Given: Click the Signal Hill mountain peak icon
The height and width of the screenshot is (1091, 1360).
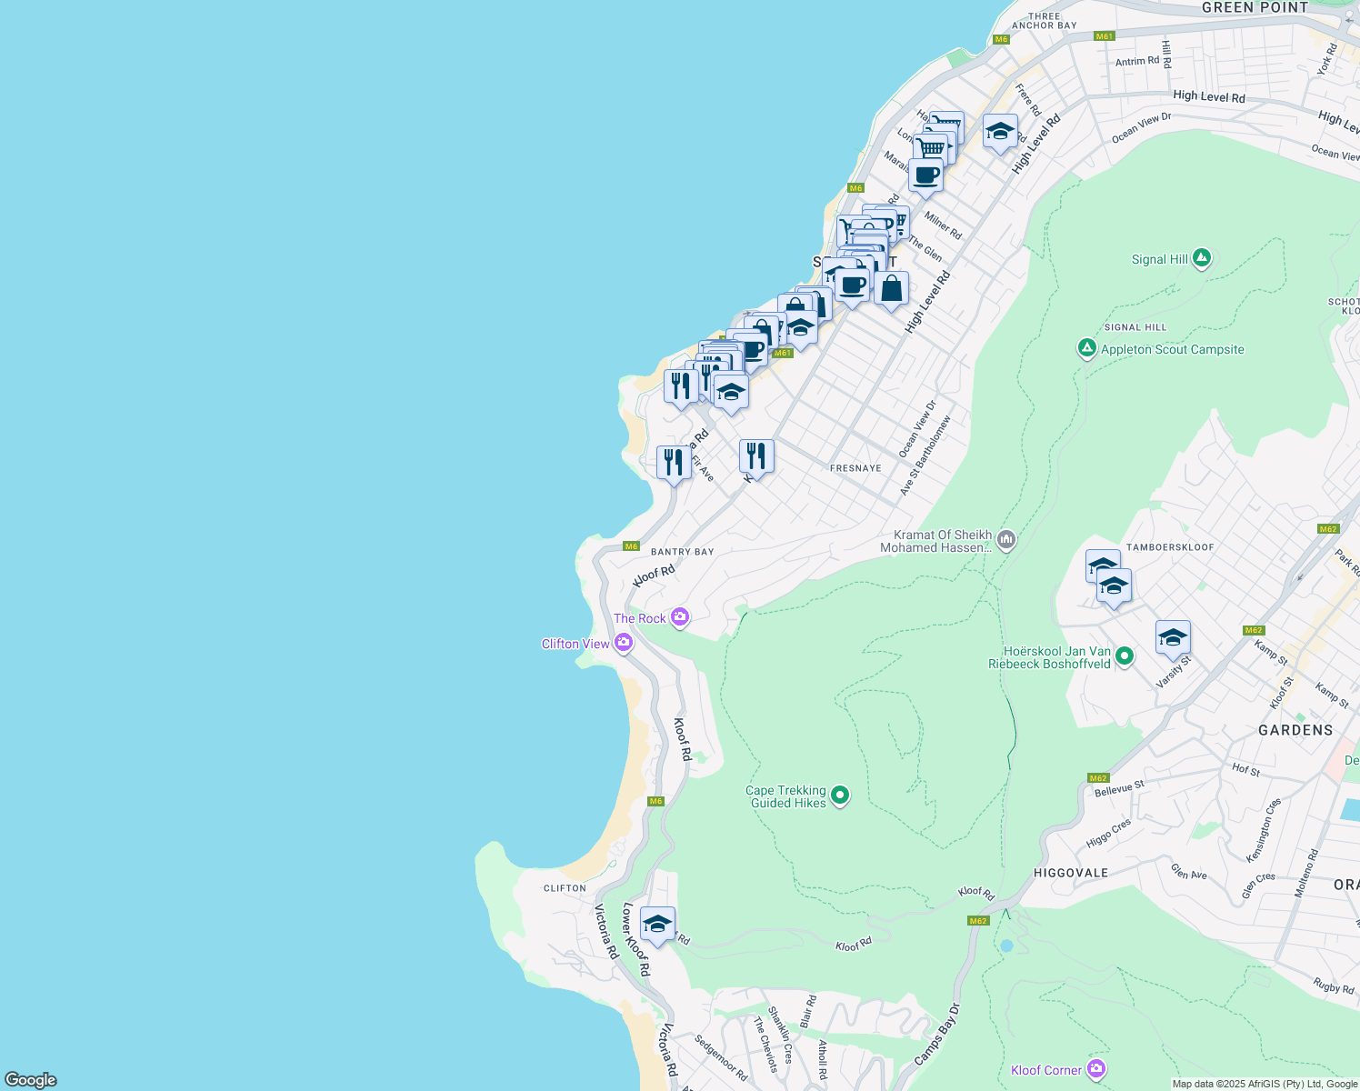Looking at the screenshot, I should pos(1202,259).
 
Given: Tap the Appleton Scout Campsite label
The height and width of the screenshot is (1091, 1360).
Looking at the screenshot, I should pos(1172,350).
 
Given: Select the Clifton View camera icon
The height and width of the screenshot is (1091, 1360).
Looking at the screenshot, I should pos(623,644).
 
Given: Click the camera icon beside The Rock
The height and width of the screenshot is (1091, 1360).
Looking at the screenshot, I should pos(679,618).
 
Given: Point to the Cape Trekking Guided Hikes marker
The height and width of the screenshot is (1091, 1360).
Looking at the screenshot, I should pos(840,796).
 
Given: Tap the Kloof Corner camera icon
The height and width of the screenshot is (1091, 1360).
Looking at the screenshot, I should pos(1096,1069).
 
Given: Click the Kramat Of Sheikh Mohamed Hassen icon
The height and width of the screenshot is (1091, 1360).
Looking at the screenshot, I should pos(1005,541).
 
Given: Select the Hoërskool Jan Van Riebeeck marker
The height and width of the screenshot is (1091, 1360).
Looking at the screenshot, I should pos(1125,656).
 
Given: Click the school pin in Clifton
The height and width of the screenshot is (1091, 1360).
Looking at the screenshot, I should pos(657,925).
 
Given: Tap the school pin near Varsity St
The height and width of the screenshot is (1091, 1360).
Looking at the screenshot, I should pos(1173,637).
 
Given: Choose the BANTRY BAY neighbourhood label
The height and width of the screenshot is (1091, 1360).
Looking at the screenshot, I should pos(682,552).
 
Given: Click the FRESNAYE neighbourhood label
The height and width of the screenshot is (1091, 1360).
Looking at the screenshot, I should pos(855,468).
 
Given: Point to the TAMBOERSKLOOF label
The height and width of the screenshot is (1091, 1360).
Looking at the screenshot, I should pos(1169,547).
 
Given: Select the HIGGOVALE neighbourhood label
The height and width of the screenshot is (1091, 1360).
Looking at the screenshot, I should pos(1071,873).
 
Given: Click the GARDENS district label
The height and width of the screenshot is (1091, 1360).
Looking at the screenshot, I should pos(1295,730).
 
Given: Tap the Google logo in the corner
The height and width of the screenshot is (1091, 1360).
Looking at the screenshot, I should pos(31,1079).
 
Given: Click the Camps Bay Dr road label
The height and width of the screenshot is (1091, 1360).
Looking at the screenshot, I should pos(936,1035).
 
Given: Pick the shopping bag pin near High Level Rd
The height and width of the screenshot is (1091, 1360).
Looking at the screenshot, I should pos(891,289).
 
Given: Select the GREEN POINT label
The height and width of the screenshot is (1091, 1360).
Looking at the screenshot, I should pos(1254,7).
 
